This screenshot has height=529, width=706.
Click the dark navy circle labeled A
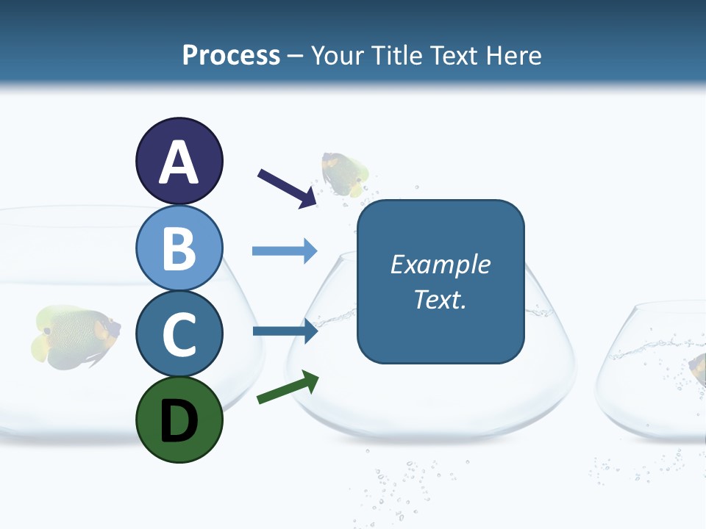coord(179,161)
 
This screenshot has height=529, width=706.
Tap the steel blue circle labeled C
coord(179,334)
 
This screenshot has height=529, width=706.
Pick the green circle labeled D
coord(179,420)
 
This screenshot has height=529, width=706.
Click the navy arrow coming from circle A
coord(287,188)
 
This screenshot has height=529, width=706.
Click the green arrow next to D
coord(288,387)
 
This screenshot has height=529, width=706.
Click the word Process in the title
coord(231,55)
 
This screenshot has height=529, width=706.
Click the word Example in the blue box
coord(441,264)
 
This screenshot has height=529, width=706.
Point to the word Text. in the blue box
coord(441,300)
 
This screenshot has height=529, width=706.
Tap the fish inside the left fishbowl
coord(75,337)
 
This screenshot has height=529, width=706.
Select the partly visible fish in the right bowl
coord(697,367)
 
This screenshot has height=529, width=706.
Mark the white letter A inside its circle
coord(179,162)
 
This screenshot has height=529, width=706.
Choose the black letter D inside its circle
coord(179,421)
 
